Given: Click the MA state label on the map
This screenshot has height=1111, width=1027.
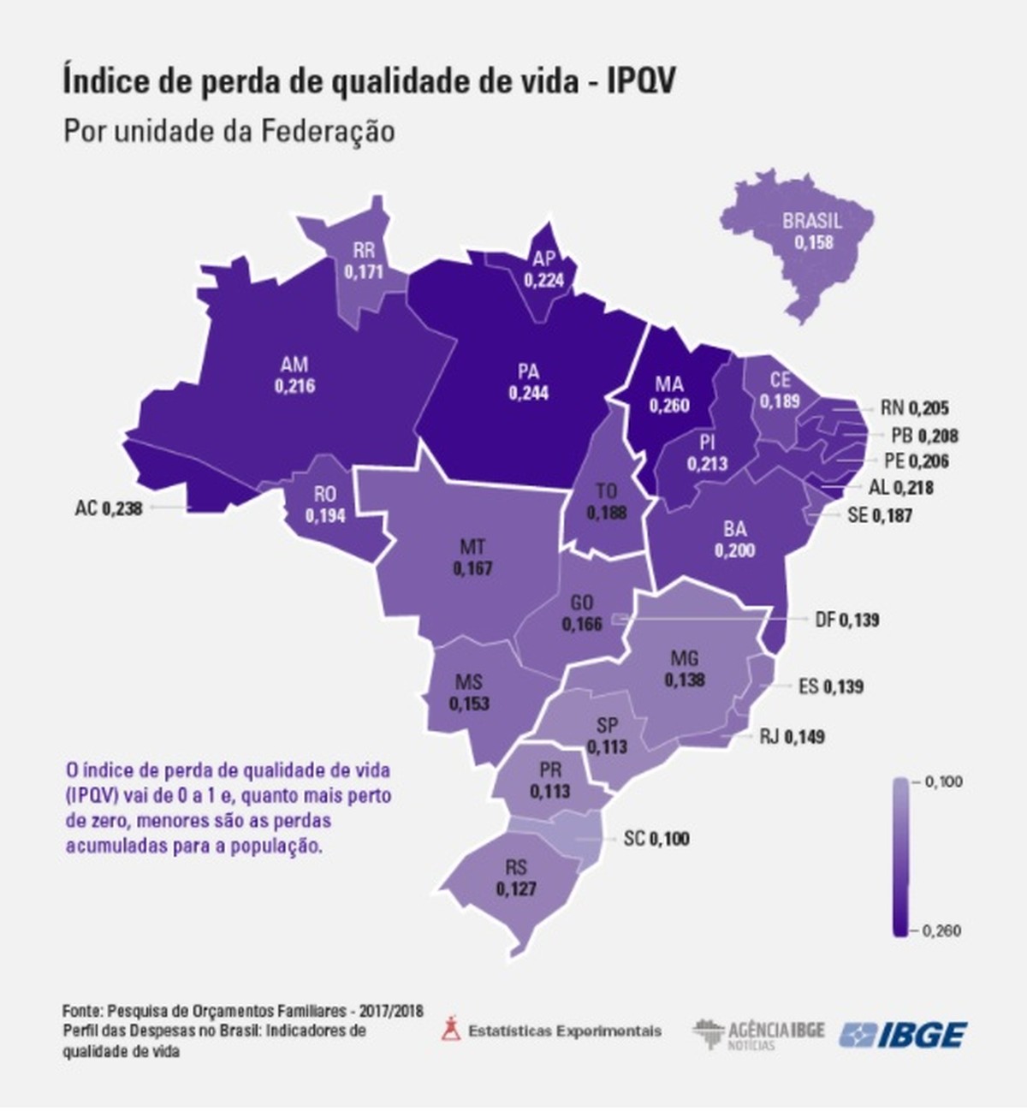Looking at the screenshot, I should pyautogui.click(x=668, y=383).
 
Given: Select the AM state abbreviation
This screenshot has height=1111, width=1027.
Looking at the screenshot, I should pyautogui.click(x=294, y=365).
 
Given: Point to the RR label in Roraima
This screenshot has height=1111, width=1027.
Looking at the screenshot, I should pyautogui.click(x=364, y=252).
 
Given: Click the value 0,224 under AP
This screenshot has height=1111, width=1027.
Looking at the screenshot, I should pyautogui.click(x=544, y=280).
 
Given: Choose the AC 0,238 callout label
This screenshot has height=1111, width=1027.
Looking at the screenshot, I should pyautogui.click(x=108, y=508).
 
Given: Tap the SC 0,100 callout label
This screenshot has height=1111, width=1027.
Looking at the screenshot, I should pyautogui.click(x=656, y=839).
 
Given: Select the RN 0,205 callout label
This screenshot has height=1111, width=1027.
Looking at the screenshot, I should pyautogui.click(x=914, y=409).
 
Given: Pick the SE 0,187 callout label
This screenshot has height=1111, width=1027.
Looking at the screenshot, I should pyautogui.click(x=879, y=515).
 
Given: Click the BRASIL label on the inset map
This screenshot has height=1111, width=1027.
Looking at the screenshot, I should pyautogui.click(x=812, y=222).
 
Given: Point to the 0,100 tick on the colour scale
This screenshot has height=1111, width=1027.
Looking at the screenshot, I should pyautogui.click(x=943, y=781).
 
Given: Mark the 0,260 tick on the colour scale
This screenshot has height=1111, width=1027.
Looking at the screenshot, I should pyautogui.click(x=942, y=930).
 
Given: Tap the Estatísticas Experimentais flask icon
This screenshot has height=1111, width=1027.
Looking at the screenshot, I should pyautogui.click(x=450, y=1029).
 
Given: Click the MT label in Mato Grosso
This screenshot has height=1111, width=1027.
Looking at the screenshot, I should pyautogui.click(x=472, y=546).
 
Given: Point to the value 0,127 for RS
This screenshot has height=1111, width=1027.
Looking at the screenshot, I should pyautogui.click(x=516, y=889).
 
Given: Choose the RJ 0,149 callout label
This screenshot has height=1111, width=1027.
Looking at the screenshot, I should pyautogui.click(x=792, y=736).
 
